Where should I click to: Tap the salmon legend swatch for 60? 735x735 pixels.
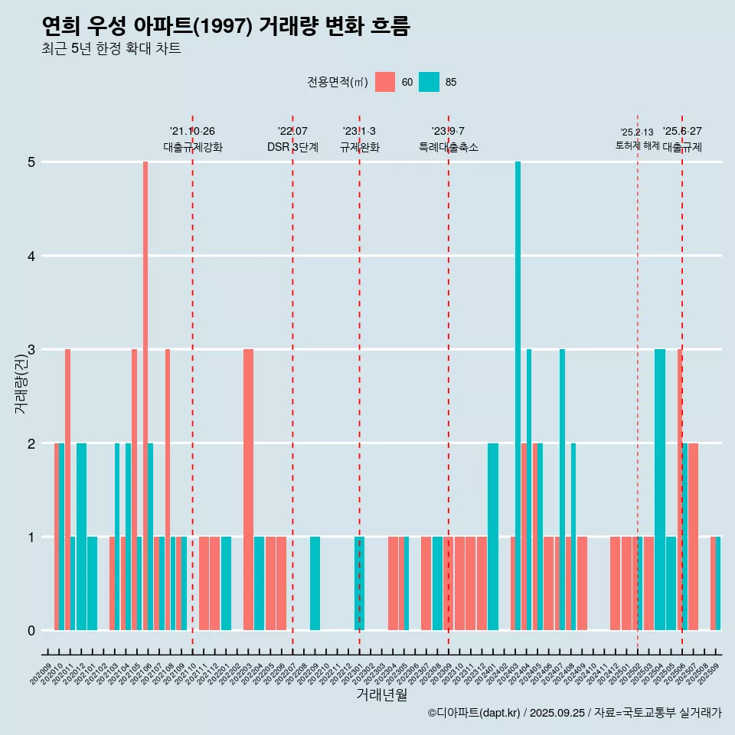(x=385, y=82)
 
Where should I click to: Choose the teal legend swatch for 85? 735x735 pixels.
(x=430, y=82)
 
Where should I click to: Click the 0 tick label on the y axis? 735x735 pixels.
(x=32, y=631)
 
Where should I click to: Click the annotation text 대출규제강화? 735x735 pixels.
(x=193, y=147)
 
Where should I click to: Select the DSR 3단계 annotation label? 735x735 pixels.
(x=292, y=147)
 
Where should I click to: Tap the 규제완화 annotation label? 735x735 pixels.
(x=359, y=147)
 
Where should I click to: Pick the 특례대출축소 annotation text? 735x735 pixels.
(x=449, y=147)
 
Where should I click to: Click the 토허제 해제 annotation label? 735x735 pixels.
(x=637, y=145)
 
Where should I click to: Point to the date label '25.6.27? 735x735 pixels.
(x=682, y=132)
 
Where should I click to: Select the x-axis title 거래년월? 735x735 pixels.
(x=381, y=694)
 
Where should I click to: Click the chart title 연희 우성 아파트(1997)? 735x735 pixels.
(x=226, y=27)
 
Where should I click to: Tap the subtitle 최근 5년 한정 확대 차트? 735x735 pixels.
(x=112, y=50)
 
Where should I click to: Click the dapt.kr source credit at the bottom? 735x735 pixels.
(x=574, y=713)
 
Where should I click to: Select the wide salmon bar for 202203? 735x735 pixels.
(x=248, y=490)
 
